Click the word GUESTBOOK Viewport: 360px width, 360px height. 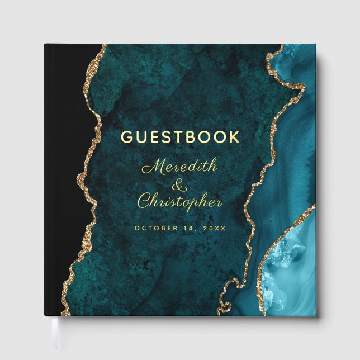click(x=180, y=137)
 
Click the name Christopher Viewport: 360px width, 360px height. click(x=180, y=202)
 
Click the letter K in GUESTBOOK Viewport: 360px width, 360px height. click(x=233, y=137)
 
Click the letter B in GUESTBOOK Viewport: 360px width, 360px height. click(x=191, y=137)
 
